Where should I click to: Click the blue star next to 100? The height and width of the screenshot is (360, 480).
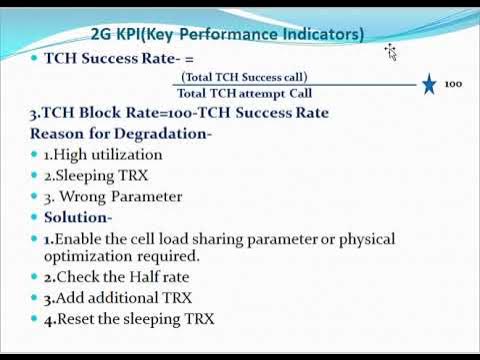point(429,84)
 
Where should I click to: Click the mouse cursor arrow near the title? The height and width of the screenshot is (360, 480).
point(392,52)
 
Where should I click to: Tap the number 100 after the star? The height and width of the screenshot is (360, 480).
point(453,85)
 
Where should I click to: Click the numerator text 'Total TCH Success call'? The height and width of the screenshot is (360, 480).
point(245,77)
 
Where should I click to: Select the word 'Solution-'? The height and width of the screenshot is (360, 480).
point(78,217)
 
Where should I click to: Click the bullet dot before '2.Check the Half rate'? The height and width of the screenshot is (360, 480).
point(34,277)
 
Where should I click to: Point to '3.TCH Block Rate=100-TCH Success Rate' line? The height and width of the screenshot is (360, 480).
point(179,112)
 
